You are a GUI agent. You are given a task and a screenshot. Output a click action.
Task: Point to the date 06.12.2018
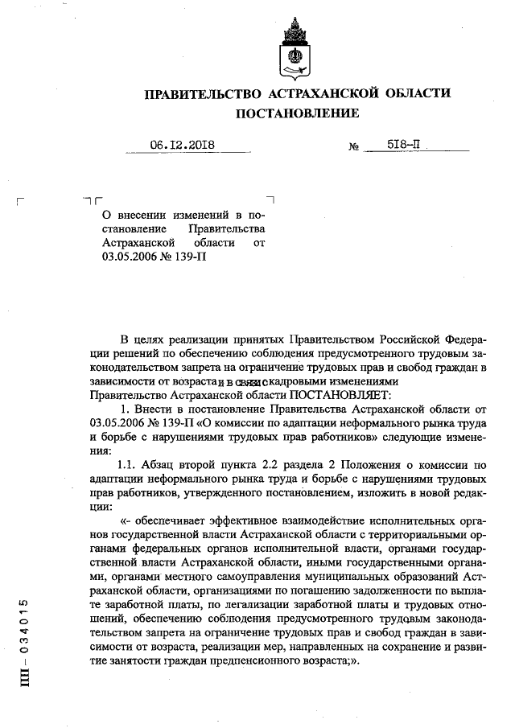183,146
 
